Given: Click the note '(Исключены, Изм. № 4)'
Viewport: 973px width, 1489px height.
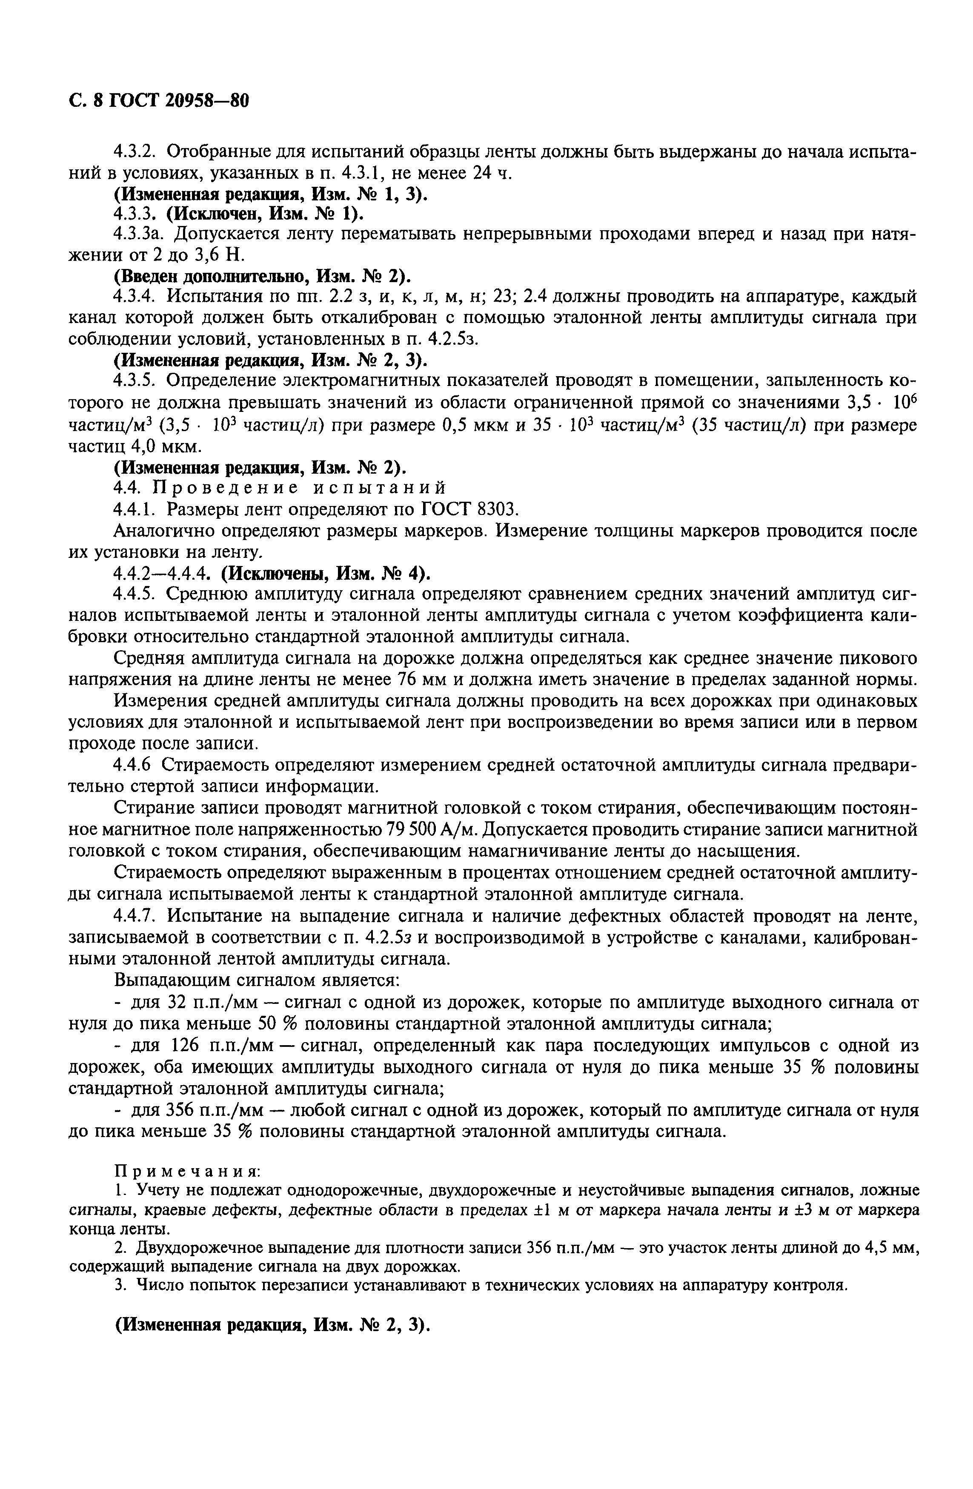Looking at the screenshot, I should click(327, 573).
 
